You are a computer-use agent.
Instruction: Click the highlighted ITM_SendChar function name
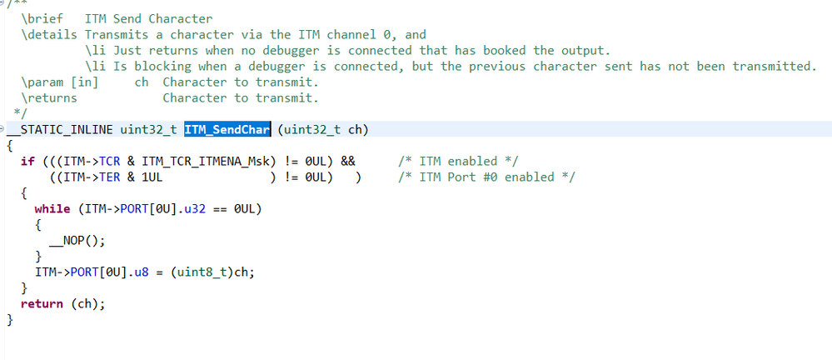coord(227,129)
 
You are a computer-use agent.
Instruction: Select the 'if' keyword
coord(27,161)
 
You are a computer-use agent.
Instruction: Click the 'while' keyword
coord(52,208)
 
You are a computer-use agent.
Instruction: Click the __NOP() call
coord(77,240)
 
